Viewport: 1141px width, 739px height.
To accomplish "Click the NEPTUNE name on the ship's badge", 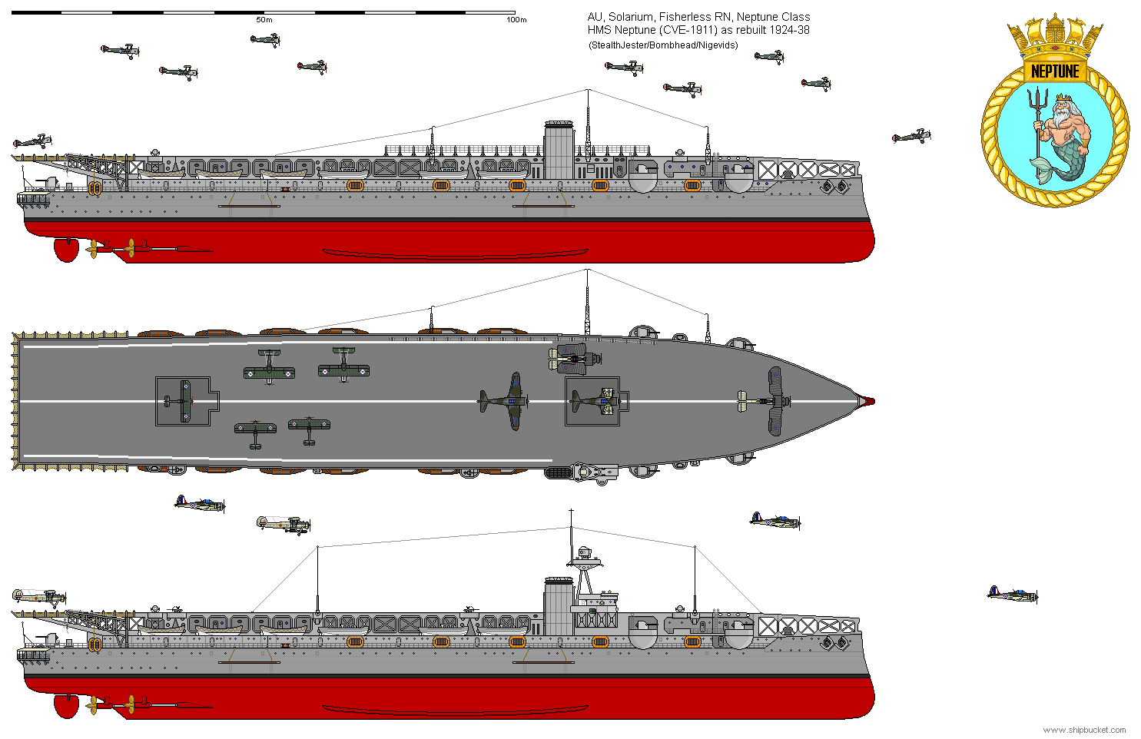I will coord(1055,71).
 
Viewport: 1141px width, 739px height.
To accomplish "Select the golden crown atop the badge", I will coord(1055,36).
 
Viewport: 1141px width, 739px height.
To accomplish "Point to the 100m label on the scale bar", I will coord(516,20).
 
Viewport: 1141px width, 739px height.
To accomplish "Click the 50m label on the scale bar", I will coord(264,20).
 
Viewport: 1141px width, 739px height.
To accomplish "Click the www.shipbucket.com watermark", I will coord(1084,730).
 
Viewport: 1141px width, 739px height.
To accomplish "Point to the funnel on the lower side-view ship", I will coord(559,607).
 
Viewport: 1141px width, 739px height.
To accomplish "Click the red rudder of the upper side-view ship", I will coord(67,249).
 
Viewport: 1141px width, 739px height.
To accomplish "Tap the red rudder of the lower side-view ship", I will coord(67,705).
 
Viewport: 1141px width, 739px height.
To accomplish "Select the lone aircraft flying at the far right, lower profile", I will coord(1012,594).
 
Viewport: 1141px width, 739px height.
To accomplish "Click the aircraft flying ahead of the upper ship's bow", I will coord(910,137).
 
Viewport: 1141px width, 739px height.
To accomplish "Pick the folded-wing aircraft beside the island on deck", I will coord(572,358).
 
